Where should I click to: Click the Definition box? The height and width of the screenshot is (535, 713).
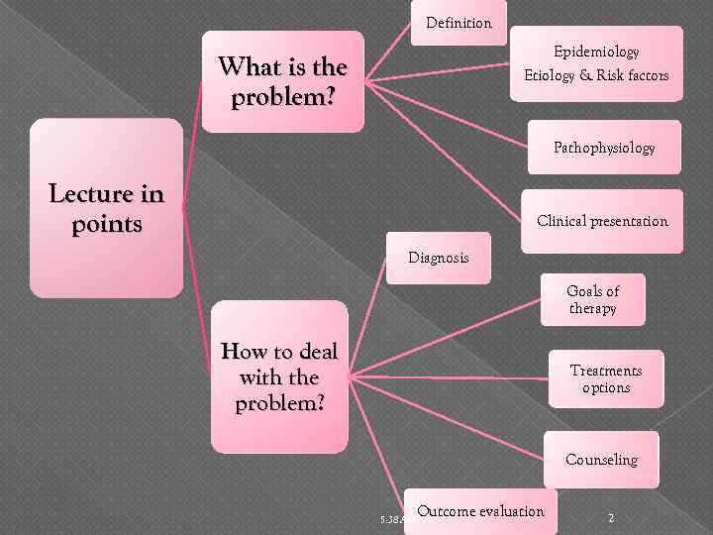point(458,23)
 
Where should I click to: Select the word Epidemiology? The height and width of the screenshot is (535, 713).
point(596,52)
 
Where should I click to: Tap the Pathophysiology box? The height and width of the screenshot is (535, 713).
point(604,148)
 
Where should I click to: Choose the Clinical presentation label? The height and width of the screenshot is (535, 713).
point(602,221)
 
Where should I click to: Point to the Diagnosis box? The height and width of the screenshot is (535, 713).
point(439,258)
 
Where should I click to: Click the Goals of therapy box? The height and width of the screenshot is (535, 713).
point(592,299)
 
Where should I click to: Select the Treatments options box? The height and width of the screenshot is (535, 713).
point(606,378)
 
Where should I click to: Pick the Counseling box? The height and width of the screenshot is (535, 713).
point(601,460)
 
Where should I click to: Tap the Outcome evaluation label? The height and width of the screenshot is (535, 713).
point(481,511)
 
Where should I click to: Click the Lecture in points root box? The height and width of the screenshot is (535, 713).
point(106,208)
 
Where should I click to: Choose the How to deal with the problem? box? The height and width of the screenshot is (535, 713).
point(279,377)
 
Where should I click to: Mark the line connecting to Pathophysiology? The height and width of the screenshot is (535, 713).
point(446,109)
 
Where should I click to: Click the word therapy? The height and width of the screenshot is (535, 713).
point(592,308)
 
